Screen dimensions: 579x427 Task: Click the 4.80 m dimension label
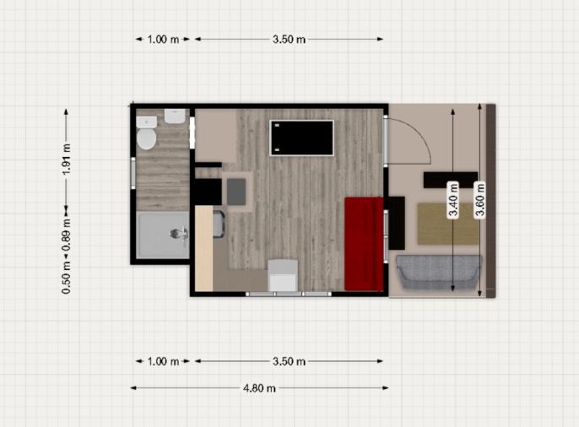pyautogui.click(x=259, y=388)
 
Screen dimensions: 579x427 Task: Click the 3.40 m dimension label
pyautogui.click(x=453, y=200)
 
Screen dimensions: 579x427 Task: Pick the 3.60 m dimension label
pyautogui.click(x=479, y=200)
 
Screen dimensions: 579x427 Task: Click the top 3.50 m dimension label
pyautogui.click(x=289, y=39)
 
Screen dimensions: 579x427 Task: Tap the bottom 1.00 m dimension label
pyautogui.click(x=163, y=361)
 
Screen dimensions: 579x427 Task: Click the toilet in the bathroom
pyautogui.click(x=147, y=133)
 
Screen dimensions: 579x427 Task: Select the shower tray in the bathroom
pyautogui.click(x=163, y=235)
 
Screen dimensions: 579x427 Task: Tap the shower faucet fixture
pyautogui.click(x=180, y=235)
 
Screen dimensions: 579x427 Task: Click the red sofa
pyautogui.click(x=364, y=244)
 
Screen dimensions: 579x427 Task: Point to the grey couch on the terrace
pyautogui.click(x=439, y=272)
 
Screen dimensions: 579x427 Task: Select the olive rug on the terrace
pyautogui.click(x=448, y=224)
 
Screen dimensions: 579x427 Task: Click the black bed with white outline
pyautogui.click(x=301, y=138)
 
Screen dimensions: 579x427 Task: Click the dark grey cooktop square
pyautogui.click(x=236, y=192)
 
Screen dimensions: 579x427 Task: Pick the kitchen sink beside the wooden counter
pyautogui.click(x=219, y=224)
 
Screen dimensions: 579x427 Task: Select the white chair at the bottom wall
pyautogui.click(x=283, y=276)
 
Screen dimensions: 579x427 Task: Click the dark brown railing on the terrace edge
pyautogui.click(x=490, y=201)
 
